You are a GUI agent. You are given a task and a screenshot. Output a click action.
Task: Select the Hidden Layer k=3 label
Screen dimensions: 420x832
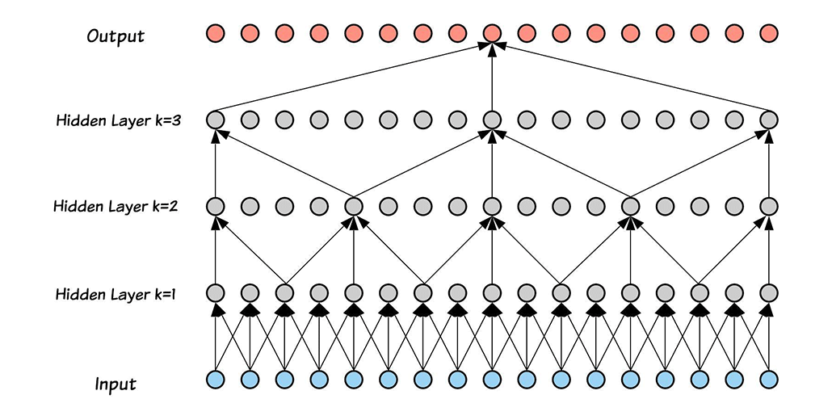117,120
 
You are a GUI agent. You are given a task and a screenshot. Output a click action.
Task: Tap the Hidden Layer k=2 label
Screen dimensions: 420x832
116,206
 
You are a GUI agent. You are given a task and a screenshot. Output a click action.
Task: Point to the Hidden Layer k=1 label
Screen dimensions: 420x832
116,294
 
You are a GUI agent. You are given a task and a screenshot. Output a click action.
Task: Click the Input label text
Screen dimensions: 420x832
115,384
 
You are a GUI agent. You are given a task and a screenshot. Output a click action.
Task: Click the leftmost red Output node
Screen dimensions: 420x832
215,34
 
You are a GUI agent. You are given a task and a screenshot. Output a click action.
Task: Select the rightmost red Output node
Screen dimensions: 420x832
769,34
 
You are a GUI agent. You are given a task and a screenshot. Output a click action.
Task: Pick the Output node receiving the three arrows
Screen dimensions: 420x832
492,34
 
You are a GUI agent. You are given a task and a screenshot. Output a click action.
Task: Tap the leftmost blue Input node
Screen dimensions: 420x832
215,379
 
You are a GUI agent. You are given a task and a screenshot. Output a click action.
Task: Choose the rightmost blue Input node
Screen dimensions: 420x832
769,379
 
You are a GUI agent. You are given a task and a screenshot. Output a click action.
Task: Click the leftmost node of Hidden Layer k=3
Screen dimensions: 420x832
215,120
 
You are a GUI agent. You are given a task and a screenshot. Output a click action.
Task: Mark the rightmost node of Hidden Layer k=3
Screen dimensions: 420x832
769,120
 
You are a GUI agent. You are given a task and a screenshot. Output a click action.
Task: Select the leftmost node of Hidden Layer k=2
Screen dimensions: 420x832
215,206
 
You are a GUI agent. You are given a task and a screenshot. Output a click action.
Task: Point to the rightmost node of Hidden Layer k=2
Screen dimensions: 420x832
769,206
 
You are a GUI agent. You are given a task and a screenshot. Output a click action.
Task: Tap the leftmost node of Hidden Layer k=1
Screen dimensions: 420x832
215,292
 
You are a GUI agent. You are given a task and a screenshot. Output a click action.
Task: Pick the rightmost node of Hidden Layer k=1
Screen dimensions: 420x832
769,292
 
